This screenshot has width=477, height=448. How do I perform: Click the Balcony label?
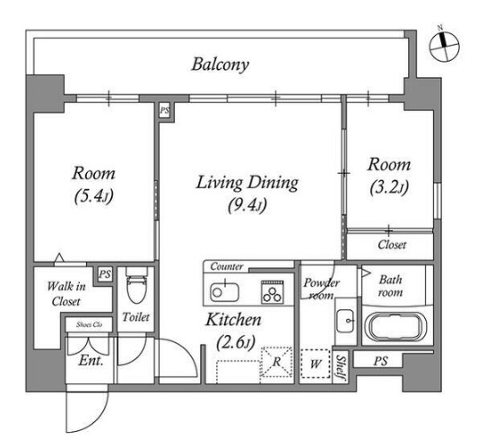(221, 65)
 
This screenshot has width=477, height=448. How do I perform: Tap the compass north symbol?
(444, 46)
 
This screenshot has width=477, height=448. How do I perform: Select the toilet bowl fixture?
(136, 287)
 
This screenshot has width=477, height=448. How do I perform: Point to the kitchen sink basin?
(224, 292)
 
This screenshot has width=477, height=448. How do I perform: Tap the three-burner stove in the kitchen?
(273, 292)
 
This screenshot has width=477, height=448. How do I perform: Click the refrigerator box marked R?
(276, 362)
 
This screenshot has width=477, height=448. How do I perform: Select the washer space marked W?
(316, 364)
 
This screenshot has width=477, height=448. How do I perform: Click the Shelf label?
(341, 367)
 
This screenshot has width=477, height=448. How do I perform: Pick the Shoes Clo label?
(89, 324)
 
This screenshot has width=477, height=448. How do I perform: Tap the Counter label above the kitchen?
(227, 266)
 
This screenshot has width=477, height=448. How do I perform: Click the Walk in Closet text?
(66, 294)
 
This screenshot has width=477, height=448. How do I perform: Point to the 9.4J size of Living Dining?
(247, 205)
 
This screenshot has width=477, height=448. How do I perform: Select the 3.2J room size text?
(389, 187)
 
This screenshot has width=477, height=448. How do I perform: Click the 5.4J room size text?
(93, 196)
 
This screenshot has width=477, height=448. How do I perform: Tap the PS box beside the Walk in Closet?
(105, 274)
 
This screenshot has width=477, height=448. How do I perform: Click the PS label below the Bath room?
(380, 361)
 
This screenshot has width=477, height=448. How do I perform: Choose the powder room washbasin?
(345, 321)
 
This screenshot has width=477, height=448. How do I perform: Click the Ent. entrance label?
(91, 361)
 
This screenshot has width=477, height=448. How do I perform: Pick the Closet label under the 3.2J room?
(392, 245)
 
